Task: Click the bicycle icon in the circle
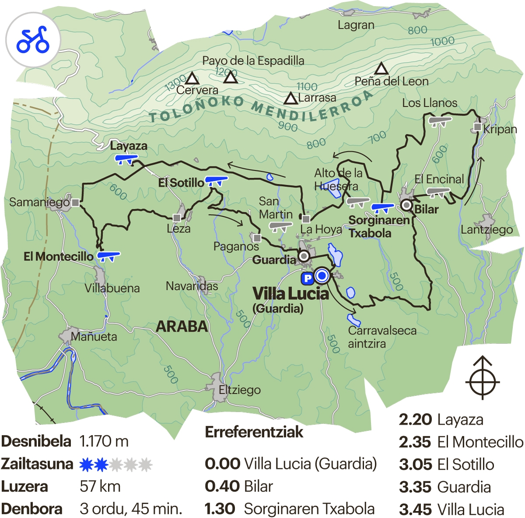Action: point(33,40)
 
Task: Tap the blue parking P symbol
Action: point(308,278)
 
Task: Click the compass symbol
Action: point(483,378)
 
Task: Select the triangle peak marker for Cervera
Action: point(192,79)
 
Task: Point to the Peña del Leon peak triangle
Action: point(381,69)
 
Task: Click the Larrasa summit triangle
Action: point(290,99)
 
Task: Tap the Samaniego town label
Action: point(39,202)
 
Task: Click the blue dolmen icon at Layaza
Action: point(126,159)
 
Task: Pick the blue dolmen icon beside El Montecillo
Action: point(108,256)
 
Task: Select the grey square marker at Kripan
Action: point(477,127)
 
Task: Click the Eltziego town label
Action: point(240,390)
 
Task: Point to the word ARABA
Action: point(182,326)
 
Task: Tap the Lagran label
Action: point(356,25)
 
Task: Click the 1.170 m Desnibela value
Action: point(104,441)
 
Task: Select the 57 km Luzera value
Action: point(100,486)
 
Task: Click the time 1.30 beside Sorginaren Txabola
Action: point(220,509)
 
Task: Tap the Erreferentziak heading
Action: point(254,432)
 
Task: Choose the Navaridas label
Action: point(192,286)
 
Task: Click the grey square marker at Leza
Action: point(177,218)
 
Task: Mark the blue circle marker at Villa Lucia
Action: point(322,275)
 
